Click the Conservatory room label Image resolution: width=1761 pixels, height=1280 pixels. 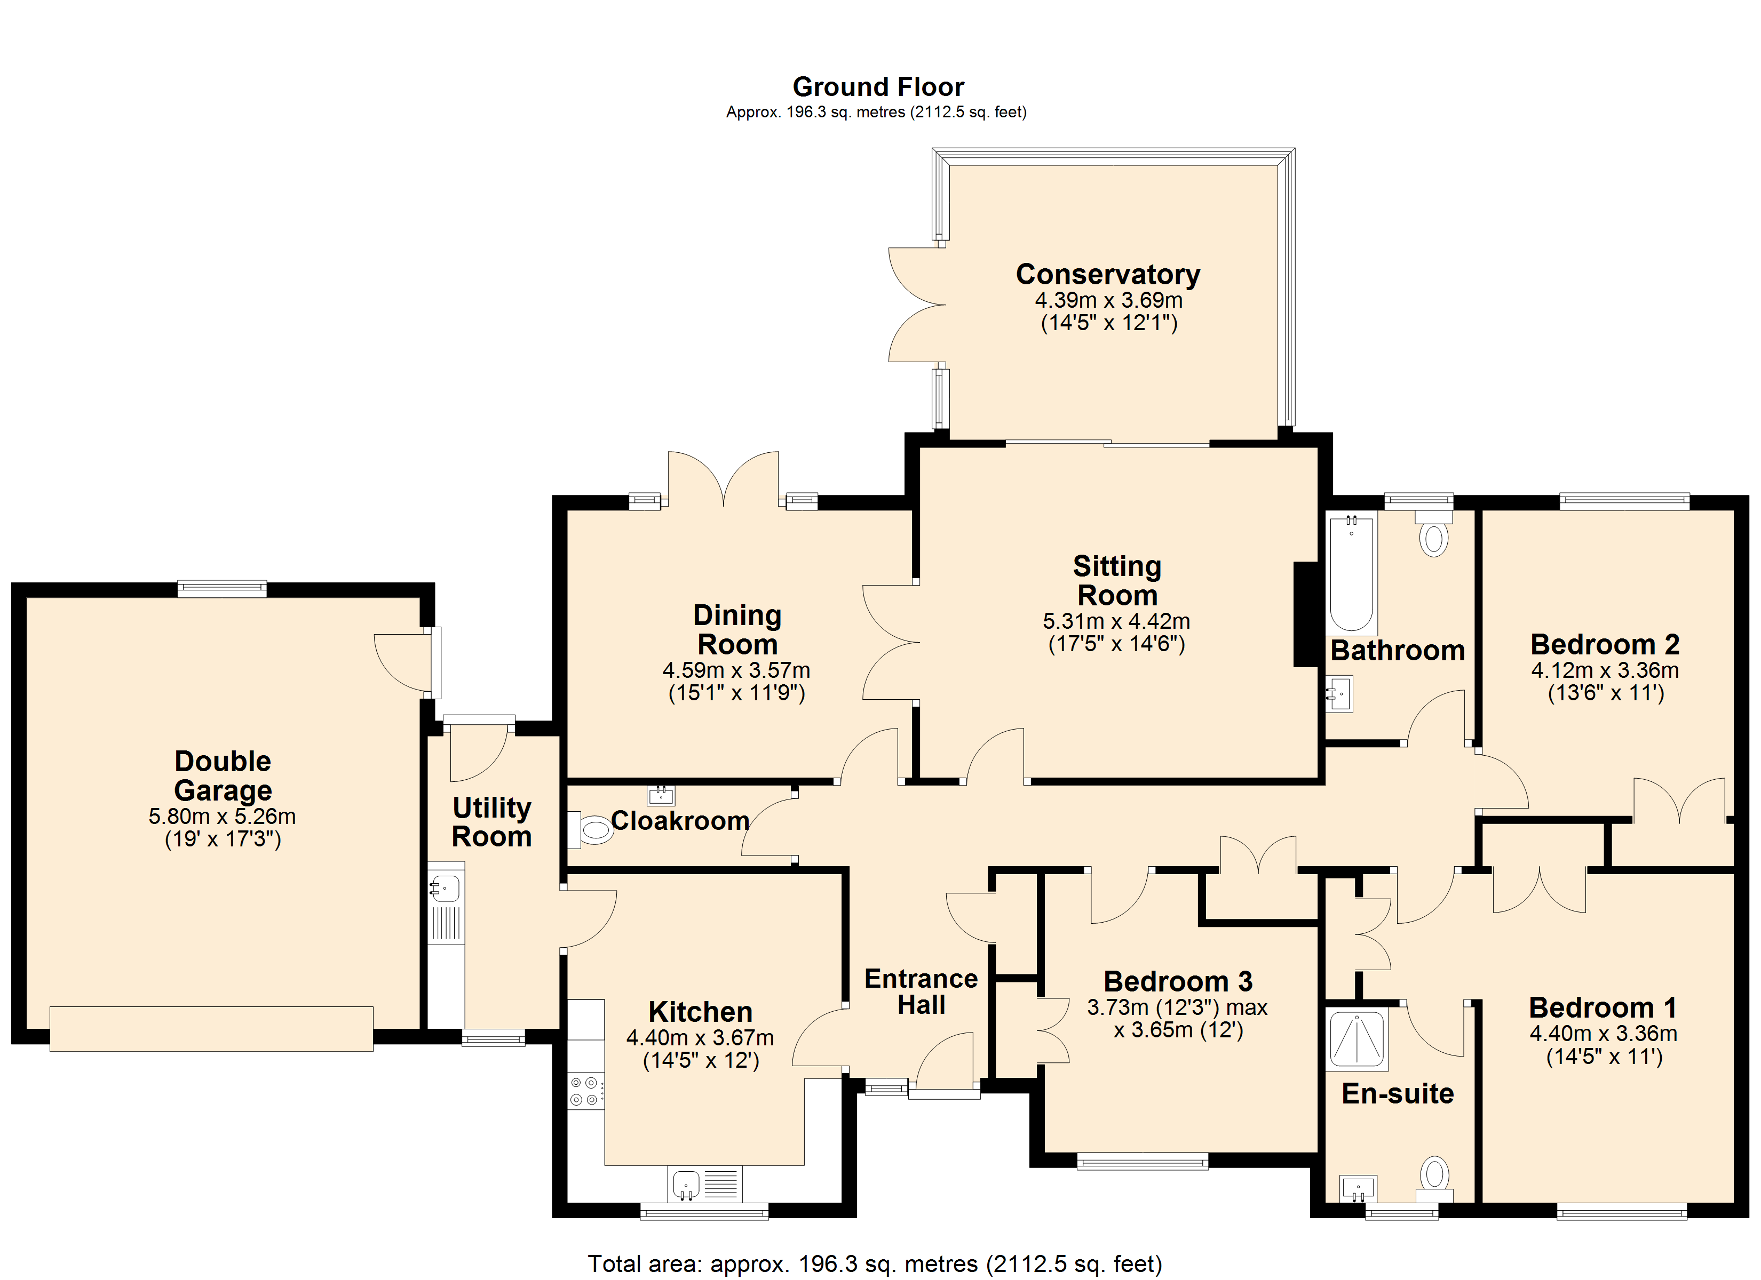pos(1108,275)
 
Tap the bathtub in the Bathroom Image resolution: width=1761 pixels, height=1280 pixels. pos(1352,574)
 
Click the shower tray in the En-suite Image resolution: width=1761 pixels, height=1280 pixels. pos(1357,1038)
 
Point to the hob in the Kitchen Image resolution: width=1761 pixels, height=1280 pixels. pos(586,1091)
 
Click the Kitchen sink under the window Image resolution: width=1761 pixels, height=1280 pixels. pos(704,1185)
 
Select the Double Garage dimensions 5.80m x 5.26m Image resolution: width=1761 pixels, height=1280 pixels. pos(222,817)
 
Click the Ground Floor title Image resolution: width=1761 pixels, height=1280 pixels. pos(878,86)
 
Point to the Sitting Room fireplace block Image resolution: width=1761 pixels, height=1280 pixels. pos(1307,614)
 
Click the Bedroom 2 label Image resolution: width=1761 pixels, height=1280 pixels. pos(1605,644)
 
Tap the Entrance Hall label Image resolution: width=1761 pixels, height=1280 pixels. pos(921,991)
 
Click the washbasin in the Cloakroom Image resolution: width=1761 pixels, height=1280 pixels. pos(661,795)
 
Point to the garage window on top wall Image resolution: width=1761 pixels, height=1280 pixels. pos(222,589)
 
